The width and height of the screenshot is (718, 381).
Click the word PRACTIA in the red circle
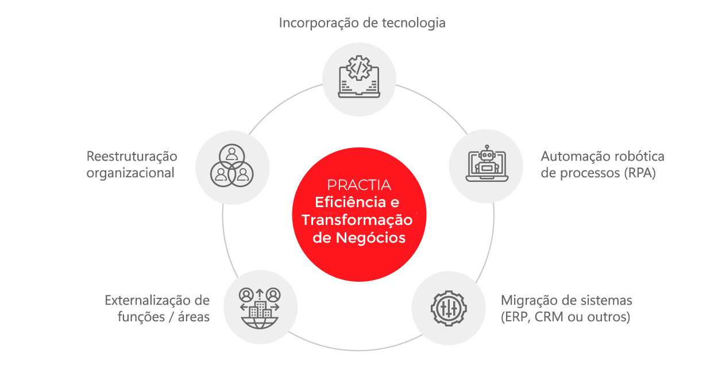(359, 185)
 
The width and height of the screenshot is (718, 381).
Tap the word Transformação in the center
(357, 220)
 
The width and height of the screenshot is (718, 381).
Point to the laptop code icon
(359, 75)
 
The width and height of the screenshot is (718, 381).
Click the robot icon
(485, 164)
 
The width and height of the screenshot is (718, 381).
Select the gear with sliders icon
(449, 308)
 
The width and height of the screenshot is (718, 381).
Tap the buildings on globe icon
(260, 308)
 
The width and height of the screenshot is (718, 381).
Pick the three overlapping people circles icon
(232, 166)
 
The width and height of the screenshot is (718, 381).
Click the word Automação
(575, 157)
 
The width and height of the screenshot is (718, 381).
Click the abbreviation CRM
(552, 317)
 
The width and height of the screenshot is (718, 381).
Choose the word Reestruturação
(132, 156)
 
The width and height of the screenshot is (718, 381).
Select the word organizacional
(130, 173)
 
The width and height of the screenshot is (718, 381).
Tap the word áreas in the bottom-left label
(192, 317)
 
